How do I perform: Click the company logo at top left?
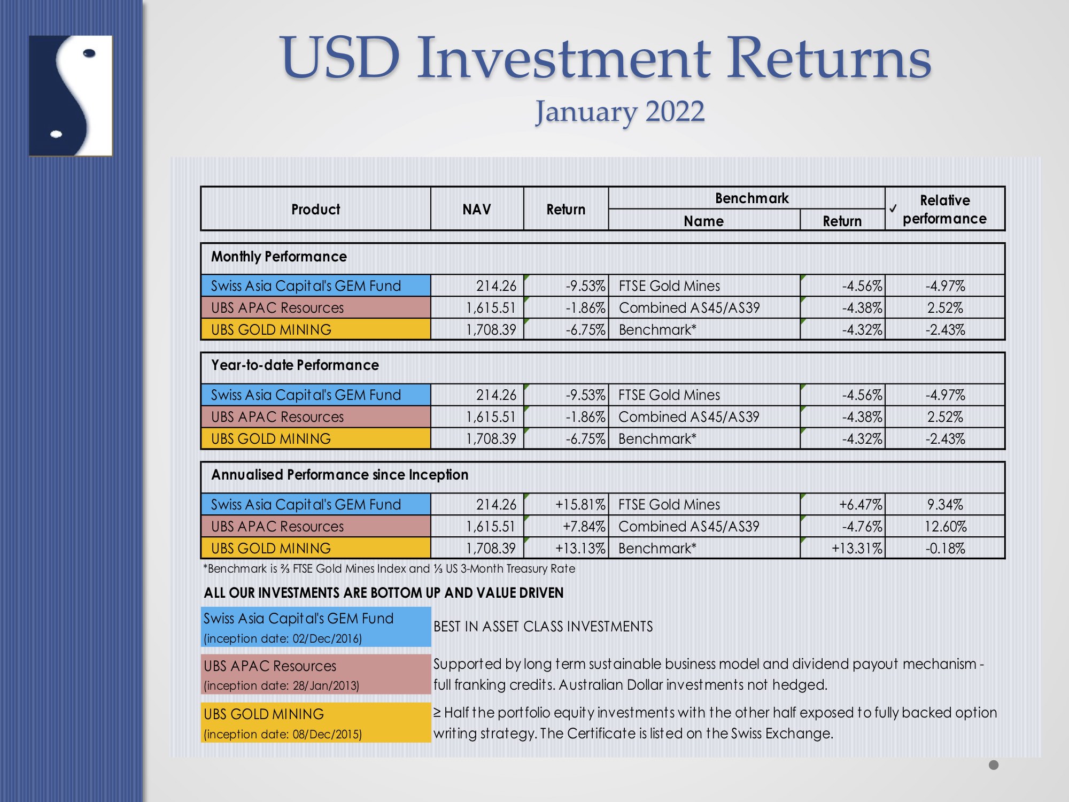(x=71, y=96)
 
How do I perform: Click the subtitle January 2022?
(x=620, y=113)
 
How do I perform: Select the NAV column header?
(x=476, y=209)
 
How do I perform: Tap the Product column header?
(x=315, y=209)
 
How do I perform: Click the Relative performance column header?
(x=944, y=209)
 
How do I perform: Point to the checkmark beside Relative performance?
(x=893, y=209)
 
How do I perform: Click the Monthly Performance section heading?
(x=278, y=257)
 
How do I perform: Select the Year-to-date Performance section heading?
(x=295, y=365)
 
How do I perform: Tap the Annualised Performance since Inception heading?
(x=339, y=475)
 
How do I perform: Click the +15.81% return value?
(x=580, y=504)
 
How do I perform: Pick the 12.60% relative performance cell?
(x=946, y=527)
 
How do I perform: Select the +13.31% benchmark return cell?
(x=857, y=549)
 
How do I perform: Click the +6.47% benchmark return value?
(x=861, y=504)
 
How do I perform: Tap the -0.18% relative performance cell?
(x=946, y=549)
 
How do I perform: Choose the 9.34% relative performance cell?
(x=946, y=504)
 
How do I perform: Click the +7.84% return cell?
(x=584, y=527)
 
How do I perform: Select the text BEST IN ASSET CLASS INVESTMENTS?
(x=543, y=627)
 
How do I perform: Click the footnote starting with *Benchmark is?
(x=389, y=568)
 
